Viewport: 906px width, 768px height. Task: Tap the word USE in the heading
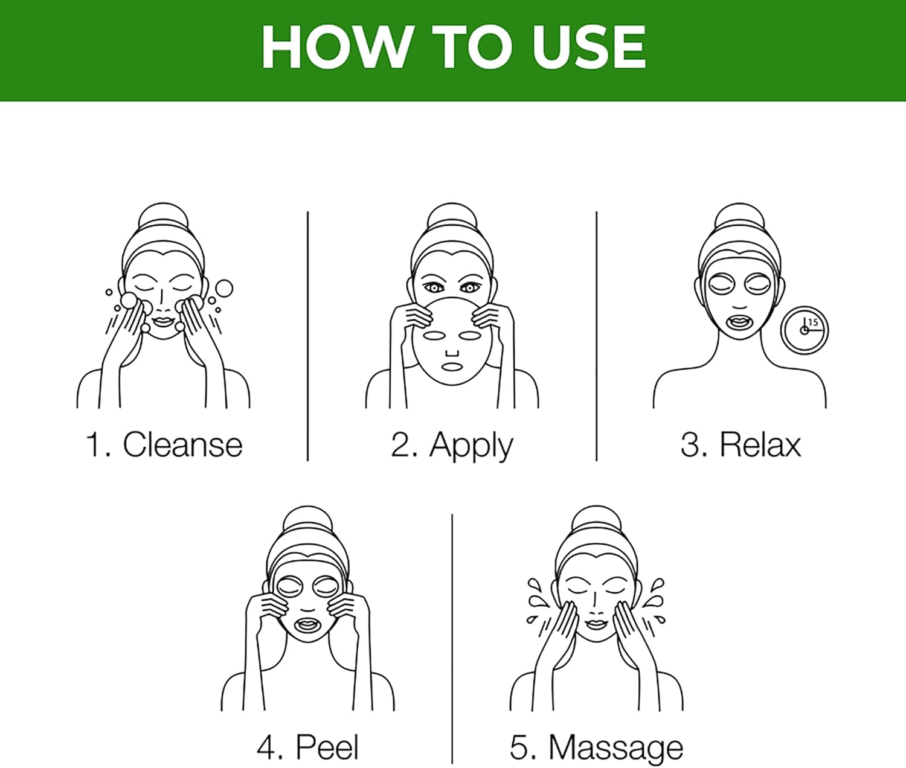[589, 47]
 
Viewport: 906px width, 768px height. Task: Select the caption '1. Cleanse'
[164, 444]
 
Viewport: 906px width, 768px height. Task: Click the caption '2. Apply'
[451, 446]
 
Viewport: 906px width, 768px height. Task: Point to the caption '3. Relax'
[741, 444]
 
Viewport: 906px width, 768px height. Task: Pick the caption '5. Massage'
[597, 749]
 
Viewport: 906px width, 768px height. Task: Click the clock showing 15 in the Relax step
[805, 330]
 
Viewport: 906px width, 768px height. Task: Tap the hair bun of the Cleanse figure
[163, 215]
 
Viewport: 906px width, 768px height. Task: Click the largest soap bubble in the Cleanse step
[224, 288]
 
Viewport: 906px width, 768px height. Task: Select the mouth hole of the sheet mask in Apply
[452, 366]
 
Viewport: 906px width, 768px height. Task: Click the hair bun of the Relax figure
[739, 215]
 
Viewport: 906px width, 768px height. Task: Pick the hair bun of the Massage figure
[596, 519]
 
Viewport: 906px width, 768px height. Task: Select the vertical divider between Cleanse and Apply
[307, 336]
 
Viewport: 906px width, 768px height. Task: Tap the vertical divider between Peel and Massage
[452, 639]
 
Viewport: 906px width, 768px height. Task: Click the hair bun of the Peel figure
[307, 519]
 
